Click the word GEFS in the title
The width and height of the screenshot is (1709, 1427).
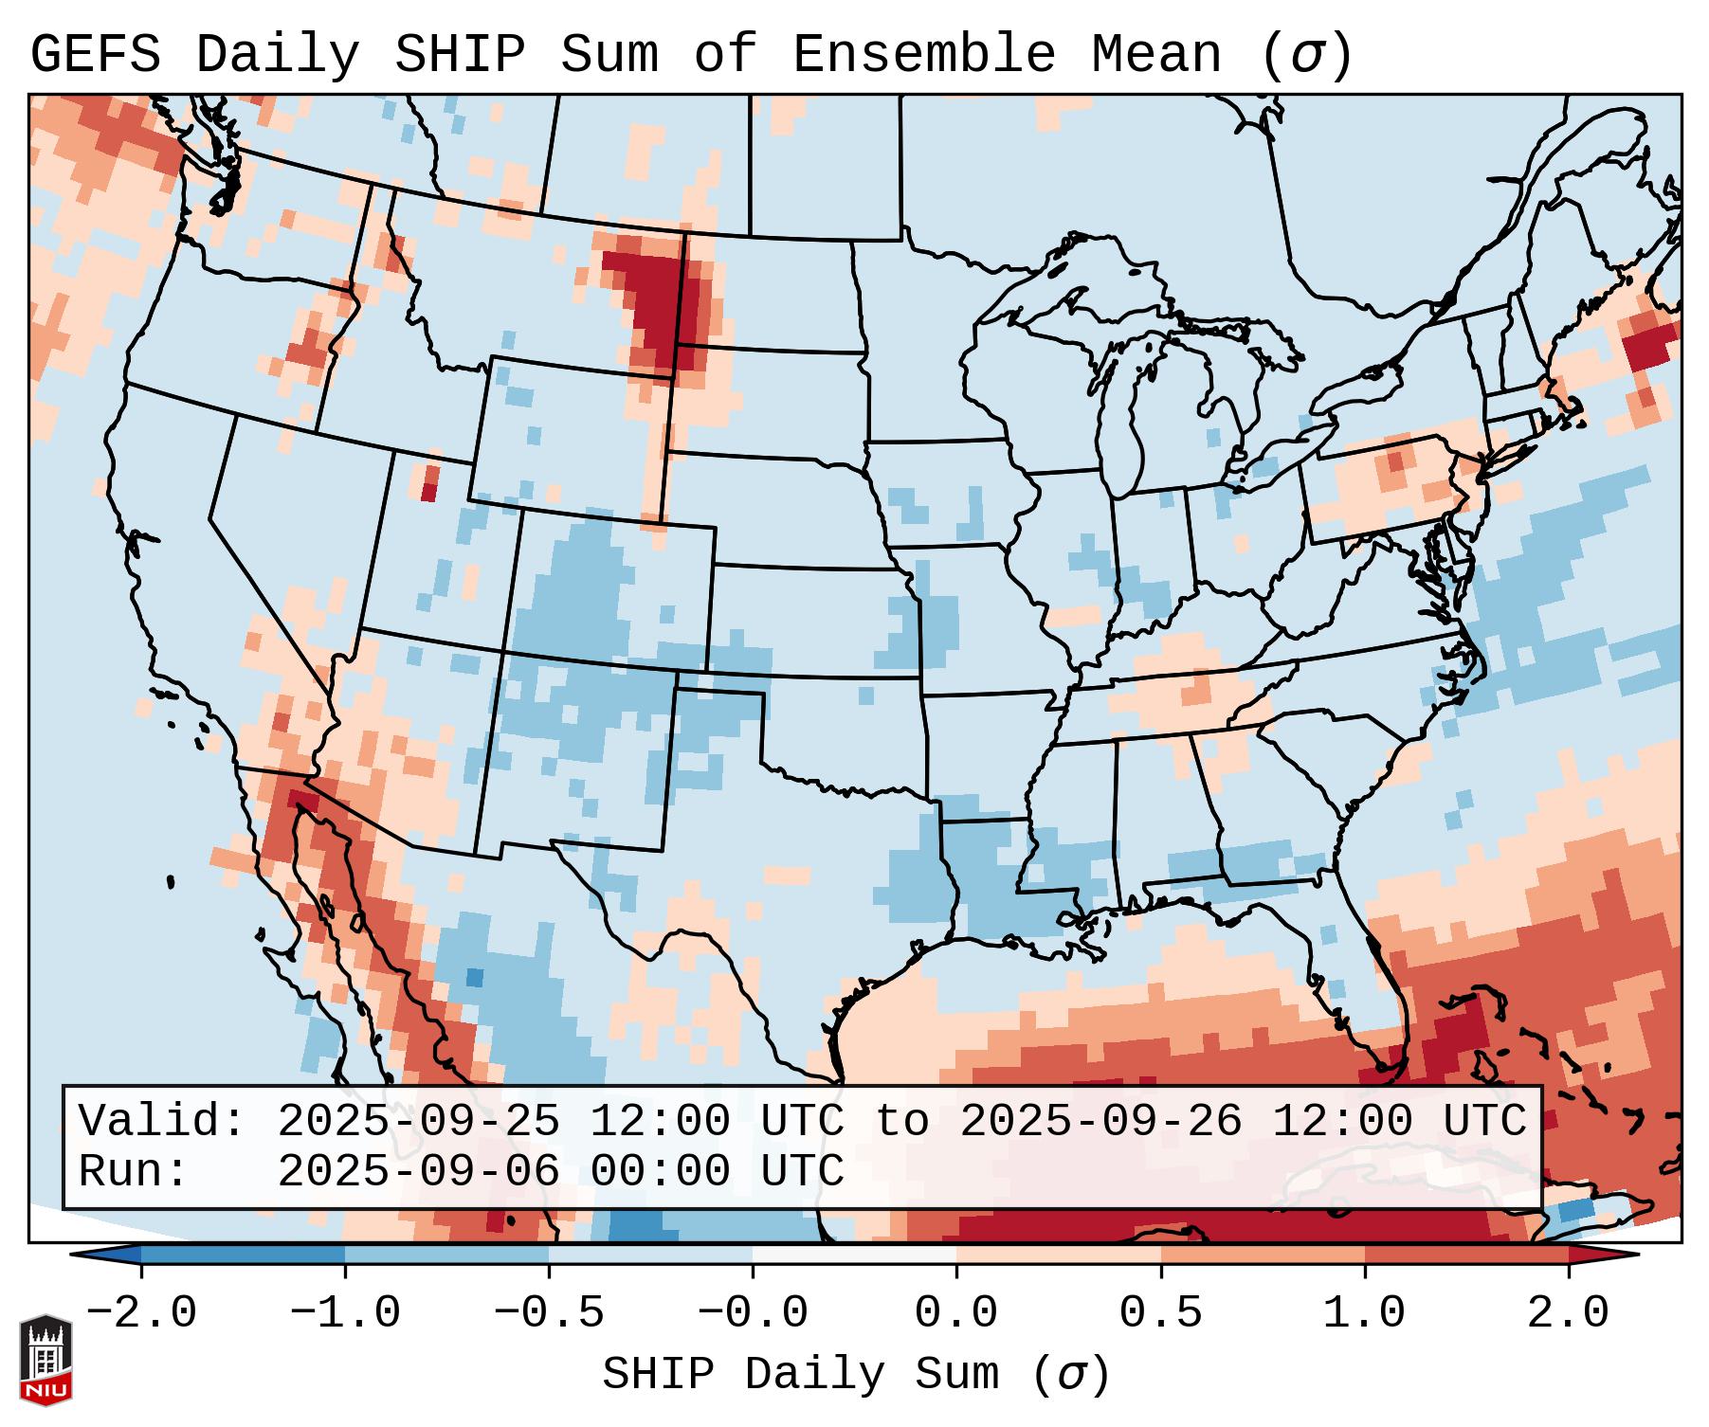pyautogui.click(x=95, y=55)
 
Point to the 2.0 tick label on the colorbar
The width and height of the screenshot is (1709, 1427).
pyautogui.click(x=1568, y=1314)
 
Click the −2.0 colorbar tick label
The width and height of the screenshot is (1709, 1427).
pyautogui.click(x=141, y=1314)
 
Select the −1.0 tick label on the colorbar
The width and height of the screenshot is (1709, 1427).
pyautogui.click(x=345, y=1314)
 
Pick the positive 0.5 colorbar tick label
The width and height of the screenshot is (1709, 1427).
pyautogui.click(x=1160, y=1314)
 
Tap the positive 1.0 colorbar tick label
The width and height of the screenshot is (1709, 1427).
pyautogui.click(x=1364, y=1314)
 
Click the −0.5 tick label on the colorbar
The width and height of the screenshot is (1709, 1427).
pyautogui.click(x=549, y=1314)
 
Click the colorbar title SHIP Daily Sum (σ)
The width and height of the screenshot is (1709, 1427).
pyautogui.click(x=855, y=1375)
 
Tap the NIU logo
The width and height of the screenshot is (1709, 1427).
pyautogui.click(x=45, y=1360)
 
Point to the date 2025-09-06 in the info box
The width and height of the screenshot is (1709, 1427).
pyautogui.click(x=418, y=1171)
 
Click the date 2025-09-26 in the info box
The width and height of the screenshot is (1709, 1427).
pyautogui.click(x=1100, y=1122)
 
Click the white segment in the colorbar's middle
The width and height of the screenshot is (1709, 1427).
pyautogui.click(x=854, y=1255)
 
